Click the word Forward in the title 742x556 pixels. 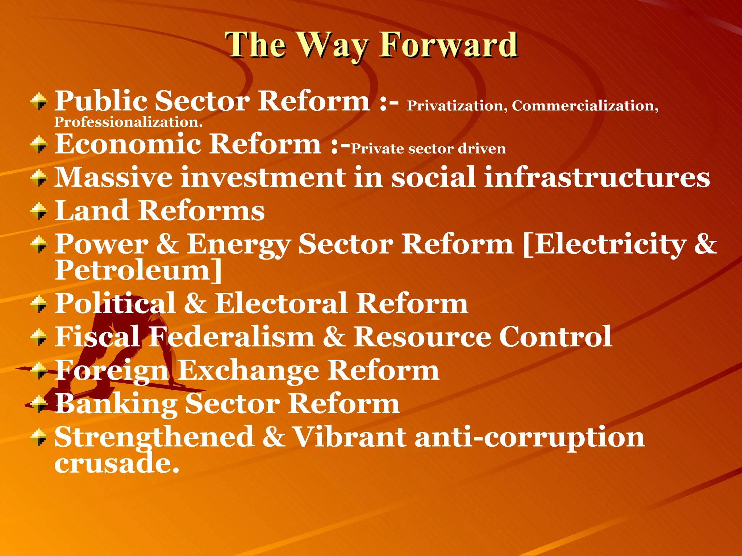click(x=449, y=45)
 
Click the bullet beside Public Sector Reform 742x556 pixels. click(x=39, y=102)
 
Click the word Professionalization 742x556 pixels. click(x=128, y=122)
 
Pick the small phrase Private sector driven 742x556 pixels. click(x=428, y=149)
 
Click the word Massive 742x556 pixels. click(x=113, y=177)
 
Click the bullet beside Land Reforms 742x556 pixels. click(x=39, y=211)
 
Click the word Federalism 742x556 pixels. click(x=232, y=337)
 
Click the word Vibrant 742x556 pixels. click(x=350, y=437)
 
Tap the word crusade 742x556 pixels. click(x=116, y=463)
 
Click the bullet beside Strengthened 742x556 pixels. click(x=39, y=437)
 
